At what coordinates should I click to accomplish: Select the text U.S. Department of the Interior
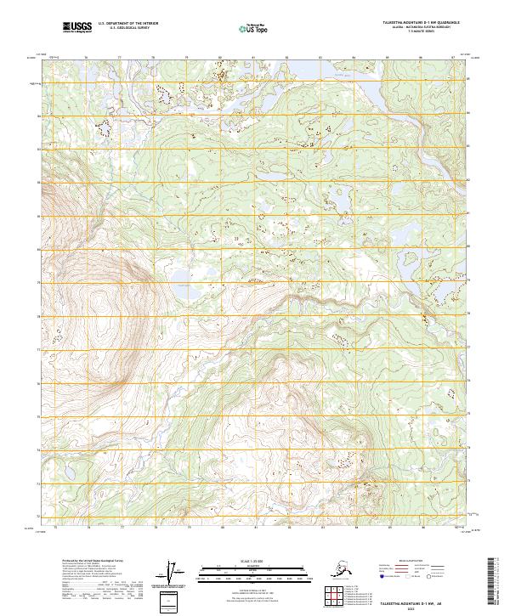(x=136, y=24)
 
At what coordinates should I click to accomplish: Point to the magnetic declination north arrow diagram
(x=178, y=574)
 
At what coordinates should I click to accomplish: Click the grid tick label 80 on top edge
(x=220, y=58)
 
